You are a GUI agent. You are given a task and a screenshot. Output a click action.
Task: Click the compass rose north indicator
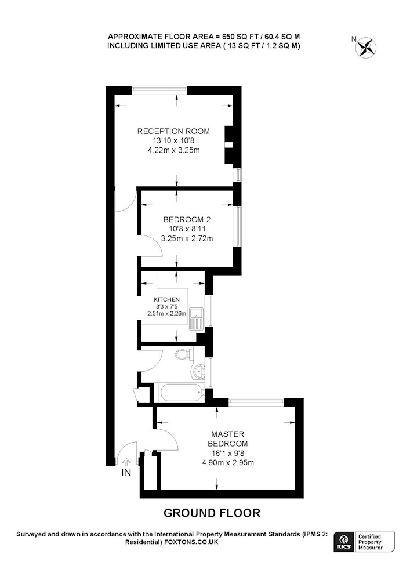[x=365, y=48]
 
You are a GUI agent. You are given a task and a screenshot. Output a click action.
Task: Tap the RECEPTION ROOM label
[x=173, y=131]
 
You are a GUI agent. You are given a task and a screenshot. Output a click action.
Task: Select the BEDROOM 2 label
[x=187, y=219]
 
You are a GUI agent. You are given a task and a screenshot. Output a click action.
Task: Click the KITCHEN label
[x=167, y=299]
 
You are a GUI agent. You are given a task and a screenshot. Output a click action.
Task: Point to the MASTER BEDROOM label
[x=228, y=438]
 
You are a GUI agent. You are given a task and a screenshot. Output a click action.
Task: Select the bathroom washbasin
[x=199, y=371]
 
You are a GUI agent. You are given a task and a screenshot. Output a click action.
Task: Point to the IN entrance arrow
[x=126, y=462]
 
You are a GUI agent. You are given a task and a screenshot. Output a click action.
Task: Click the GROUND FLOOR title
[x=212, y=513]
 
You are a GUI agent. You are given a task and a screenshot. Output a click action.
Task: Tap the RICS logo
[x=343, y=542]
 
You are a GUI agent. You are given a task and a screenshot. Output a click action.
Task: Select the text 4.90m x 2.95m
[x=228, y=462]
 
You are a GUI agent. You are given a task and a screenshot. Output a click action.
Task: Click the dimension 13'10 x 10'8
[x=173, y=140]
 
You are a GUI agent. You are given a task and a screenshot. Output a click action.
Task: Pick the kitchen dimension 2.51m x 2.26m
[x=167, y=314]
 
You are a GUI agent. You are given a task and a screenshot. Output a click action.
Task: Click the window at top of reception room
[x=159, y=88]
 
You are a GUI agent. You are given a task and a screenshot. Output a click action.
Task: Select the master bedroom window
[x=256, y=401]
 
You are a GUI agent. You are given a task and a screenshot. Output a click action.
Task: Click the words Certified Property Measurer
[x=370, y=542]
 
